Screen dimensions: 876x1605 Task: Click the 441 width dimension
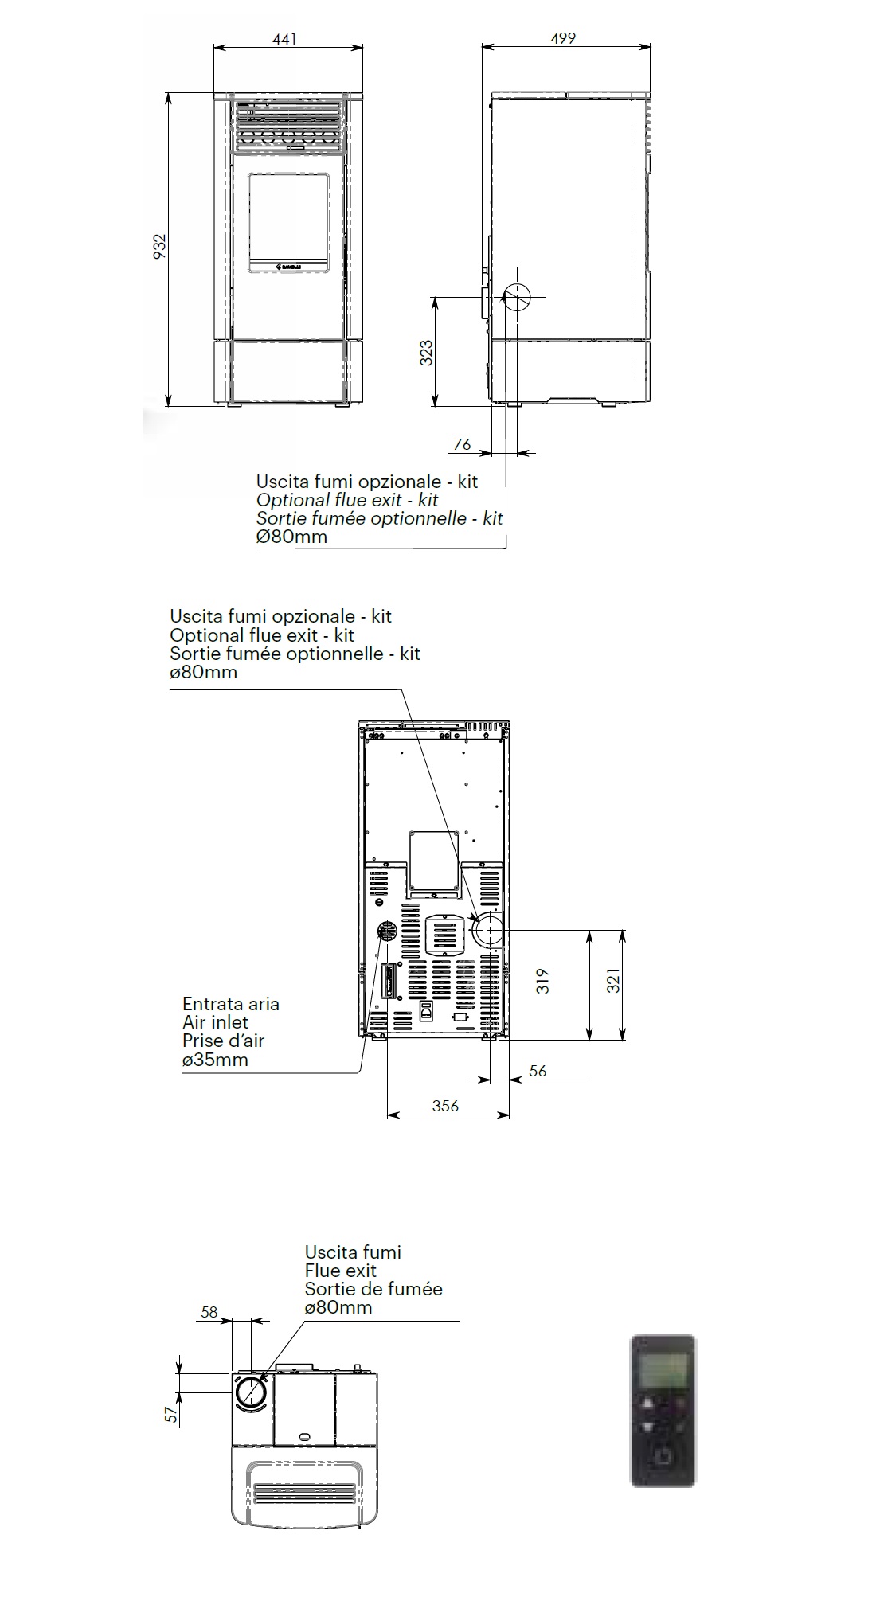point(284,38)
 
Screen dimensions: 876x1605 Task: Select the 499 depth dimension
point(563,38)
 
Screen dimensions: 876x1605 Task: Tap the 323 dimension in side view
point(427,353)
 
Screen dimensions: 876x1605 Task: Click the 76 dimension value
point(462,445)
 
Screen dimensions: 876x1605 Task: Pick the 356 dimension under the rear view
point(446,1106)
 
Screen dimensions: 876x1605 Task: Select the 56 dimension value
point(538,1071)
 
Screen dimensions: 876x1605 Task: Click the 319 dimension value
point(543,980)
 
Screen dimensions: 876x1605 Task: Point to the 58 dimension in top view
point(209,1312)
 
